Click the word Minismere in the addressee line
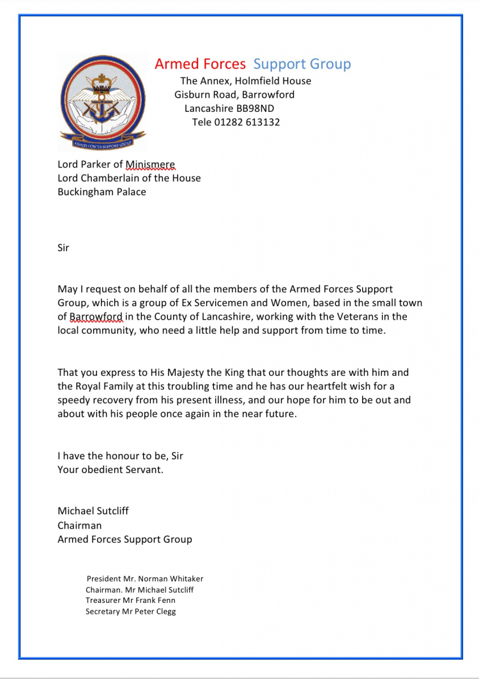coord(150,164)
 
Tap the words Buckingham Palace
coord(102,192)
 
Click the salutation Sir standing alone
coord(63,247)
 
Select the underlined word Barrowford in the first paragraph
coord(96,316)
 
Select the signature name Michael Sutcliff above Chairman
coord(93,511)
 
